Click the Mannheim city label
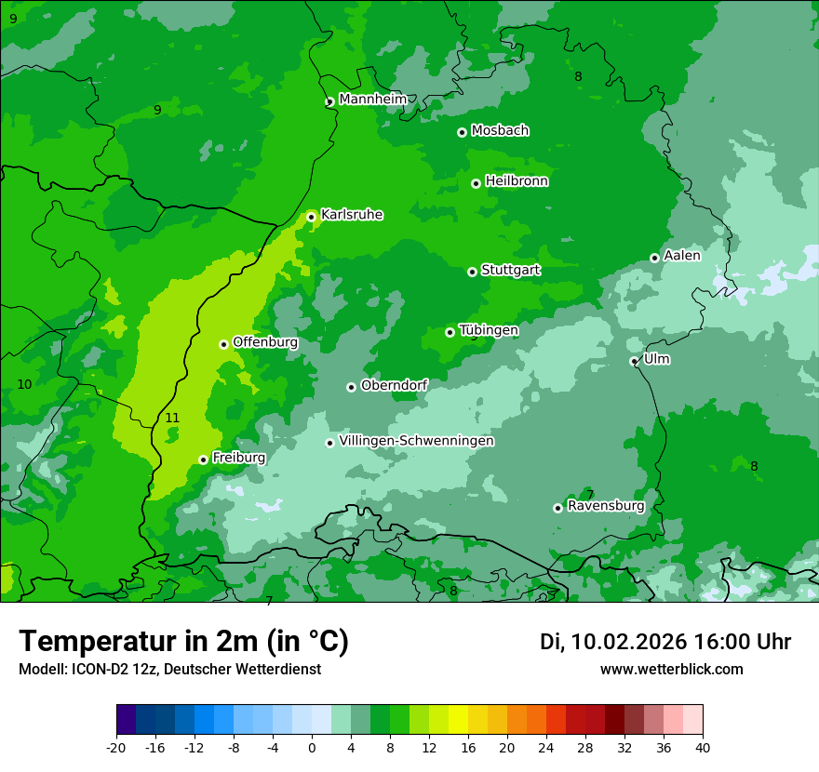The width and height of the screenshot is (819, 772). point(372,99)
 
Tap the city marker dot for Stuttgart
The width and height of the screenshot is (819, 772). point(472,272)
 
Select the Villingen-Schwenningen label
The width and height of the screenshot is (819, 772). point(416,441)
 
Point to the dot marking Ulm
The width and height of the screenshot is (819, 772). point(634,361)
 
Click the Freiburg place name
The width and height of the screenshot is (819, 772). point(238,458)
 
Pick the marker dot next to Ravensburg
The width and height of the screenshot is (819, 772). point(557,508)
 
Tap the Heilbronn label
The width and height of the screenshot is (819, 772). point(517,181)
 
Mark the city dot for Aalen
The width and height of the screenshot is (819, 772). point(654,258)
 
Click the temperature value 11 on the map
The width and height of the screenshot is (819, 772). point(172,419)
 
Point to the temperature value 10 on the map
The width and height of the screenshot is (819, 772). point(24,385)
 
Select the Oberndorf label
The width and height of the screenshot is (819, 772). point(394,385)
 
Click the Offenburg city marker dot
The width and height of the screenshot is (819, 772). point(223,344)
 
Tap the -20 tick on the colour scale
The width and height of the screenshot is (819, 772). point(116,747)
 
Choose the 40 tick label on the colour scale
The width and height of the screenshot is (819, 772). point(703,747)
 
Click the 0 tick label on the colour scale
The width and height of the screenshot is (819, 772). point(312,747)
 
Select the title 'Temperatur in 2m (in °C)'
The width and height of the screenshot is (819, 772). point(183,641)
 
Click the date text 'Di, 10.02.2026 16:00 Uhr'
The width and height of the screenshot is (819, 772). point(665,642)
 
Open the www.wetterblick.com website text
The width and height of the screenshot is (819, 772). point(671,670)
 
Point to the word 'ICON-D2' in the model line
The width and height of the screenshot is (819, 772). point(98,670)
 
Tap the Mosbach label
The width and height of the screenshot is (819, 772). point(500,130)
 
